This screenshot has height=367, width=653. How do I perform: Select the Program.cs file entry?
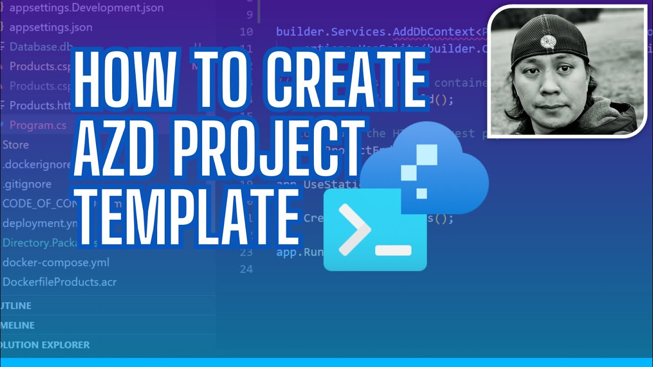38,125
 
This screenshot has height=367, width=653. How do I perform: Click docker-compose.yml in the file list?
56,263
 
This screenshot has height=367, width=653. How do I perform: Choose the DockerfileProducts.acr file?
59,282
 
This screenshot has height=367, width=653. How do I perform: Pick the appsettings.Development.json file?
86,8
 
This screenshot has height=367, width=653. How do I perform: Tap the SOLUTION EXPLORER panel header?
45,345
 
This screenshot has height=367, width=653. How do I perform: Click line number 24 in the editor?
246,269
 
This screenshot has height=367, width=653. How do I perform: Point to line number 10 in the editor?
246,32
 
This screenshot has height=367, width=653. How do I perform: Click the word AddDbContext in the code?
434,32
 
